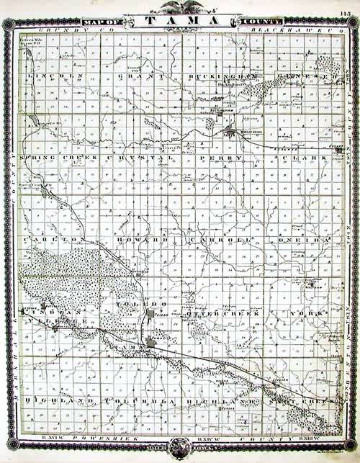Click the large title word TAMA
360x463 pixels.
point(180,20)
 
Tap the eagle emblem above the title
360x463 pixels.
point(180,7)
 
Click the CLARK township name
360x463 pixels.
point(295,157)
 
